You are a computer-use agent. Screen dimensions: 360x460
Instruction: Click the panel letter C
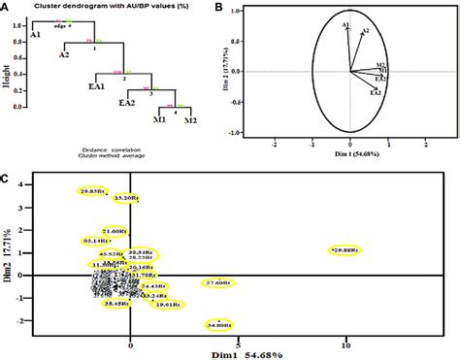click(7, 178)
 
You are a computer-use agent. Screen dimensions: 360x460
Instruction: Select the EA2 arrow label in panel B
click(375, 93)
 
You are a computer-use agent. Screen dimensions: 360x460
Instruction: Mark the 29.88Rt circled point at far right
click(345, 250)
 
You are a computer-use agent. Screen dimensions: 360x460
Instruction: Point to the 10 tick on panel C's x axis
click(345, 343)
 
